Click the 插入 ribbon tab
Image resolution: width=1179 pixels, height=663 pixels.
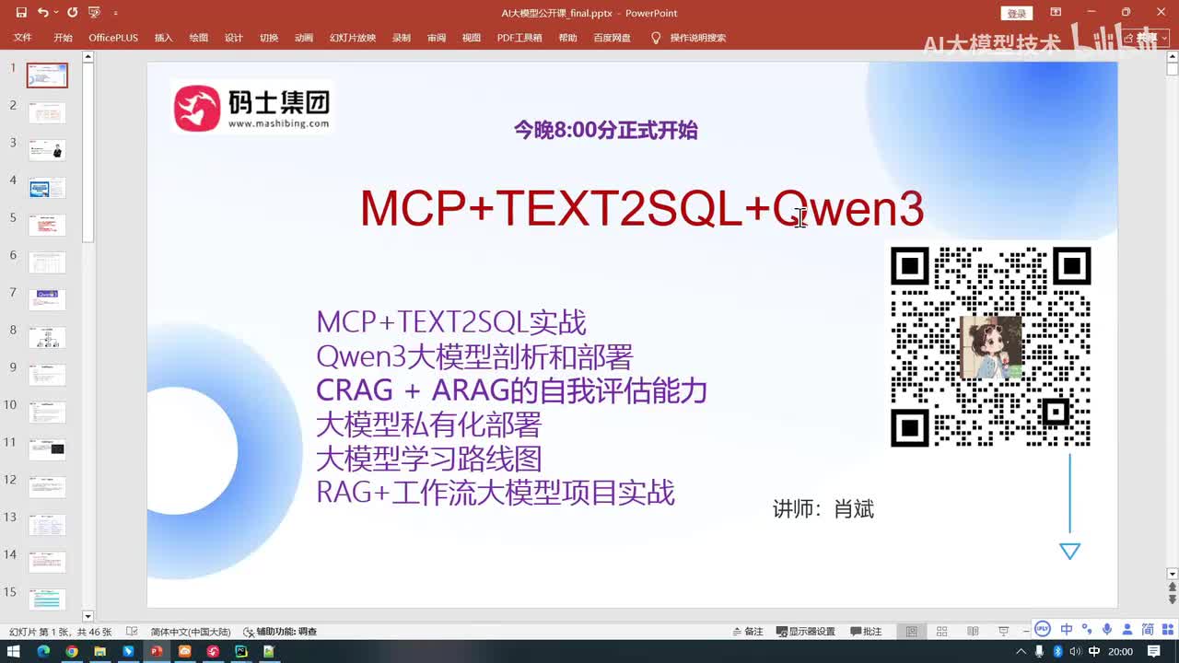click(164, 38)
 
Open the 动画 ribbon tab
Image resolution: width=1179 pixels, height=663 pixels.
click(304, 38)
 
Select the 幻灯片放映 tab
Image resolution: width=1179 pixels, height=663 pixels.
click(353, 38)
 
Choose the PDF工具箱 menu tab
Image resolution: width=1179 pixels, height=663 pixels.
click(519, 38)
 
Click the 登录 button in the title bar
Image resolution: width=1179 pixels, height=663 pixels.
click(1016, 14)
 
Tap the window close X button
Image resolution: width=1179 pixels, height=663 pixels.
click(1161, 12)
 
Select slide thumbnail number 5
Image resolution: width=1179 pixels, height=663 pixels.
click(47, 225)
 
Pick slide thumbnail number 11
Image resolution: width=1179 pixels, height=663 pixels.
click(47, 449)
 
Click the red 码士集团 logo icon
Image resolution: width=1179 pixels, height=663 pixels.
click(197, 108)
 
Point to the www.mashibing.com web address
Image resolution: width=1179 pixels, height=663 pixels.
click(278, 123)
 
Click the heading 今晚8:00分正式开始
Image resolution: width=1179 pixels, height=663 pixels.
click(605, 131)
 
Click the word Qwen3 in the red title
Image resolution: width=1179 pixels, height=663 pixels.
click(847, 208)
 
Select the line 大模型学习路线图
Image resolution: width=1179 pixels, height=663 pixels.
click(428, 459)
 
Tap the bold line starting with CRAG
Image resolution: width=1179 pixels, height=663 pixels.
click(511, 390)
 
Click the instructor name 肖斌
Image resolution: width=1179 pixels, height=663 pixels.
click(854, 509)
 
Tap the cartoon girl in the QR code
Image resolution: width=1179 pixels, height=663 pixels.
click(990, 347)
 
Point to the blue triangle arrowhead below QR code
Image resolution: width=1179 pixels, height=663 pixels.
click(1069, 551)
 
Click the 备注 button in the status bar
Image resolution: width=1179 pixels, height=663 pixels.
click(748, 632)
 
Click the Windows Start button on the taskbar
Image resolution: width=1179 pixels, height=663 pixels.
click(14, 652)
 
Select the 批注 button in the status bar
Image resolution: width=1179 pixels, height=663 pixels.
click(866, 632)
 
